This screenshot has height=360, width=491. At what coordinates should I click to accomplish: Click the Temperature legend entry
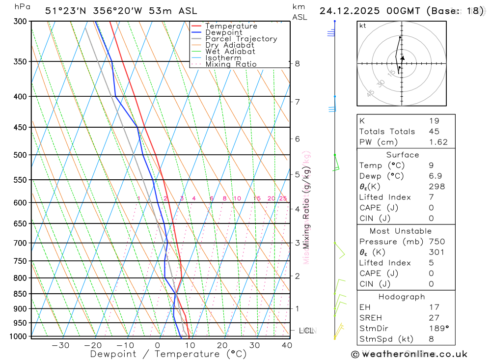coord(231,26)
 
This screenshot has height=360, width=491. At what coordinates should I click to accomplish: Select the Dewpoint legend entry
coord(223,32)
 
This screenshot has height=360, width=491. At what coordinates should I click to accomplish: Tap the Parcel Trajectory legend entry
coord(241,39)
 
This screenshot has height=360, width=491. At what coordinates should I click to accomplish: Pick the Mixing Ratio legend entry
coord(231,64)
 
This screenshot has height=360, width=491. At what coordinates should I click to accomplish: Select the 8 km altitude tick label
coord(297,63)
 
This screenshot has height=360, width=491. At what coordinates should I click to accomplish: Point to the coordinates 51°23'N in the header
coord(65,11)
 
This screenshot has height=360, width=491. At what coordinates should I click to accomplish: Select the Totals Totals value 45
coord(434,132)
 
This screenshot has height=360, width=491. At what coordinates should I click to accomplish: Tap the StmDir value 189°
coord(437,329)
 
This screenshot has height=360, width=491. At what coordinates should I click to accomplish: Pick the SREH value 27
coord(434,318)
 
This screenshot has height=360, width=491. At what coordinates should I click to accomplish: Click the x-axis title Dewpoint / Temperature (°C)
coord(168,354)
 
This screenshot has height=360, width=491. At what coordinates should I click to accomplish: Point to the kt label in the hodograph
coord(363,26)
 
